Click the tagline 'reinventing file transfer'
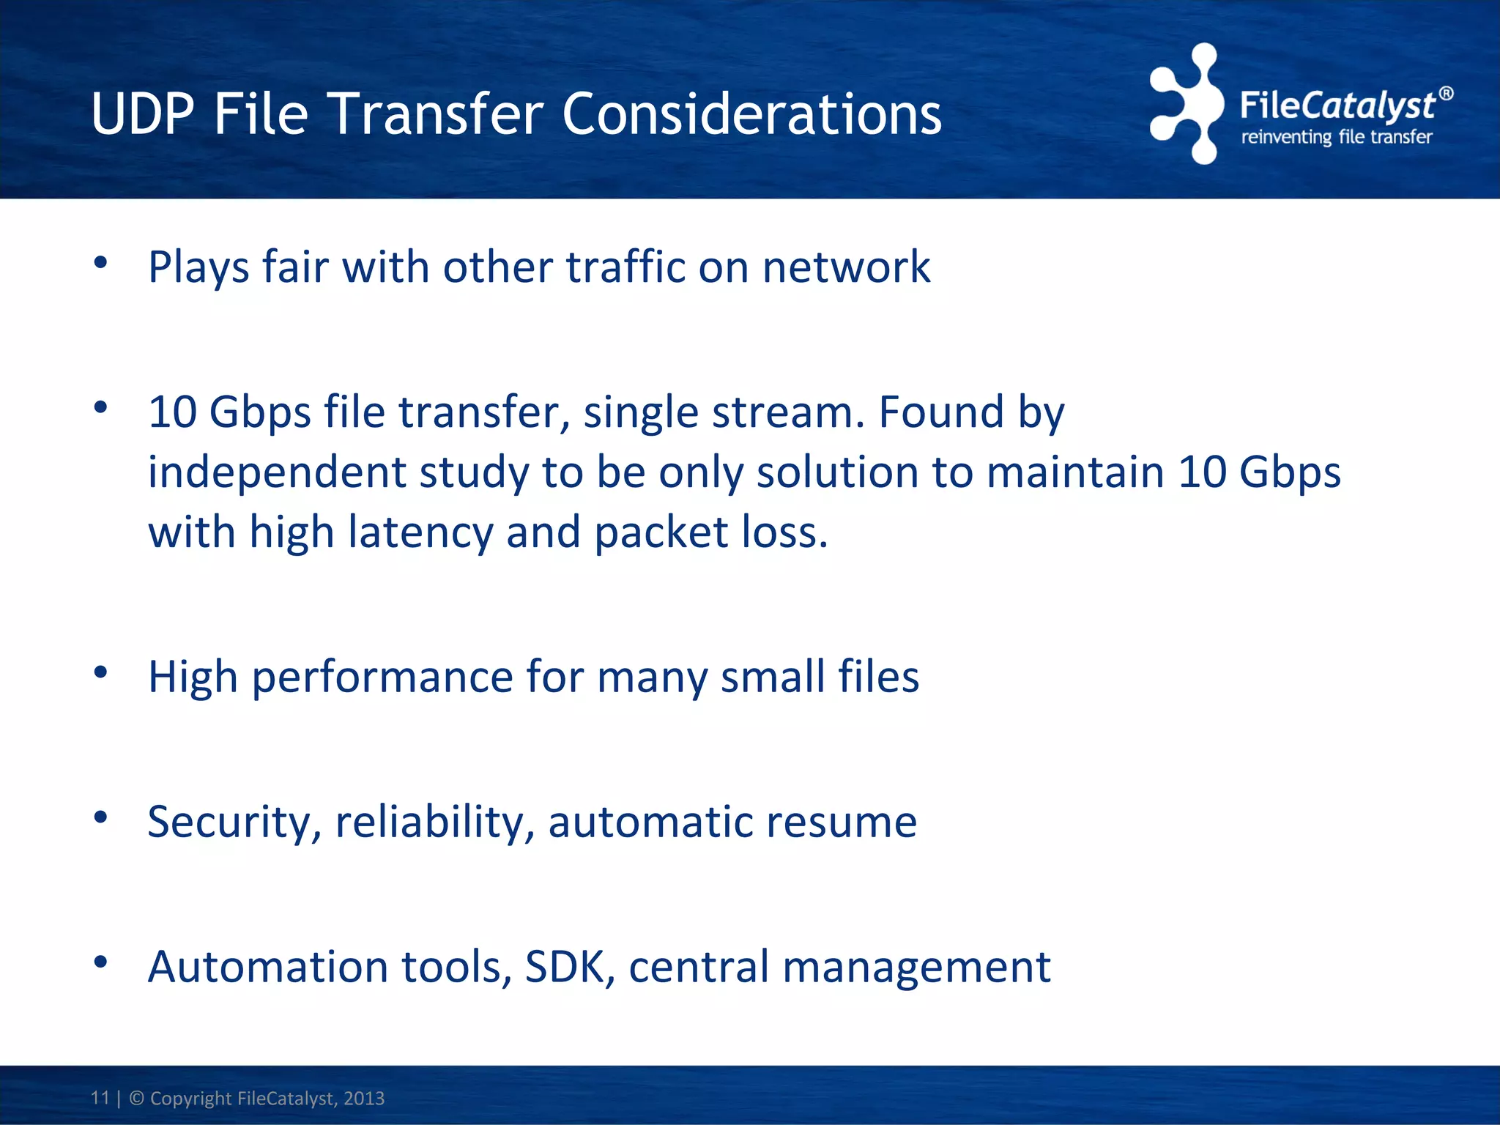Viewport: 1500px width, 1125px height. (1336, 137)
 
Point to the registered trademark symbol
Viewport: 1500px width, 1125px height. (1446, 94)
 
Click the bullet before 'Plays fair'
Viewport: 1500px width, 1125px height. (101, 263)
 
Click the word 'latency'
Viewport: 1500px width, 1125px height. (420, 532)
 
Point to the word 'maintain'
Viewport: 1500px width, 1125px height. (1075, 472)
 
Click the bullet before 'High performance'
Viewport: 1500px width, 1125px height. (101, 672)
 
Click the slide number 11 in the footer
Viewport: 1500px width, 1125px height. (100, 1098)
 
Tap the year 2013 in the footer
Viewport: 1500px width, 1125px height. (364, 1099)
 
